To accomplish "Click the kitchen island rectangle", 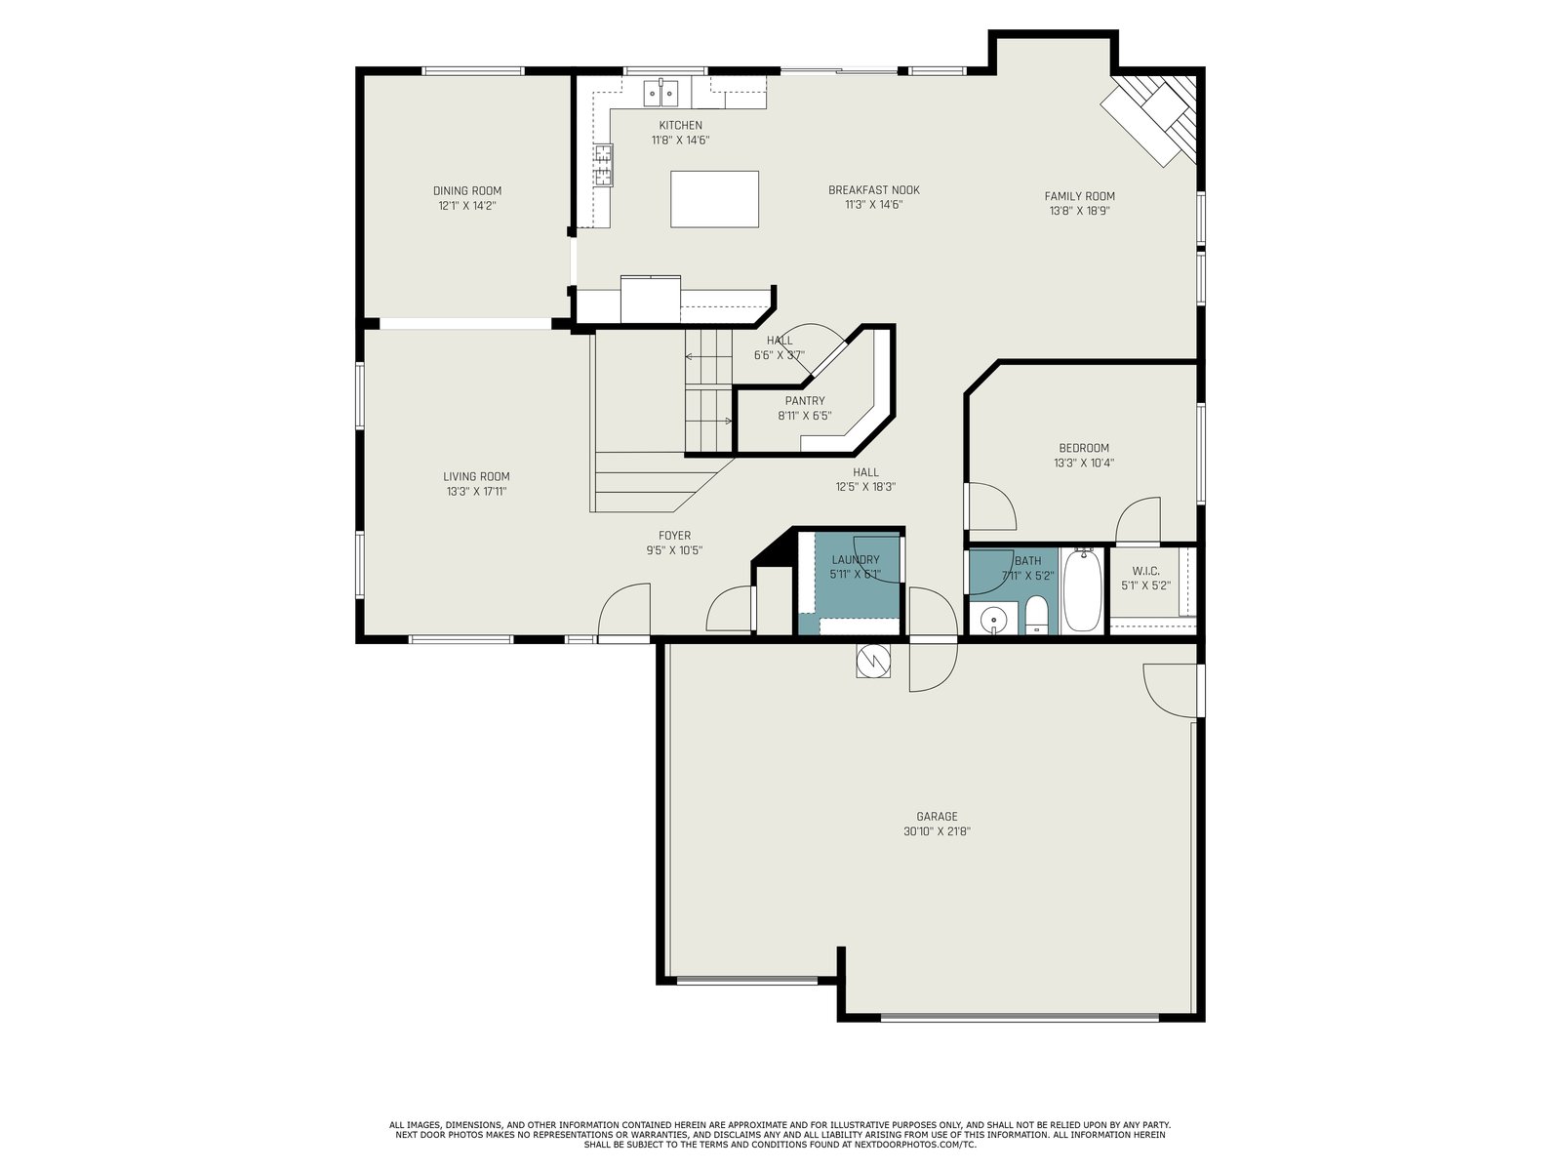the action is point(714,199).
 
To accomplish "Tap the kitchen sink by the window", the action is point(661,93).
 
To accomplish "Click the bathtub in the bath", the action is point(1082,589).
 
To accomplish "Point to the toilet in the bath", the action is point(1036,615).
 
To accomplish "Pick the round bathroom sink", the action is point(992,620).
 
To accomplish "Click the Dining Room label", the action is point(467,190).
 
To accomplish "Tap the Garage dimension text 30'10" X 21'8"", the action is point(937,831).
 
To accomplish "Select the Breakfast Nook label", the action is point(874,190).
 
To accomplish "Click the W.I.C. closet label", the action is point(1145,571).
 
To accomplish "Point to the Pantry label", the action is point(805,401).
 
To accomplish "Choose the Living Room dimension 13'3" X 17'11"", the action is point(476,491).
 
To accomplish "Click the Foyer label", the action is point(674,536).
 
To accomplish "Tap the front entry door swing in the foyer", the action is point(624,610).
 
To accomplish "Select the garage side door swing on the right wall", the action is point(1173,690).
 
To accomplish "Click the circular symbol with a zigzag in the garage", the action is point(873,662).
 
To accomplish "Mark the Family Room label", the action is point(1080,196).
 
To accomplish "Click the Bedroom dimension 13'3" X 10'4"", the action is point(1084,463).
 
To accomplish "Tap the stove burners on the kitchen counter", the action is point(604,164).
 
